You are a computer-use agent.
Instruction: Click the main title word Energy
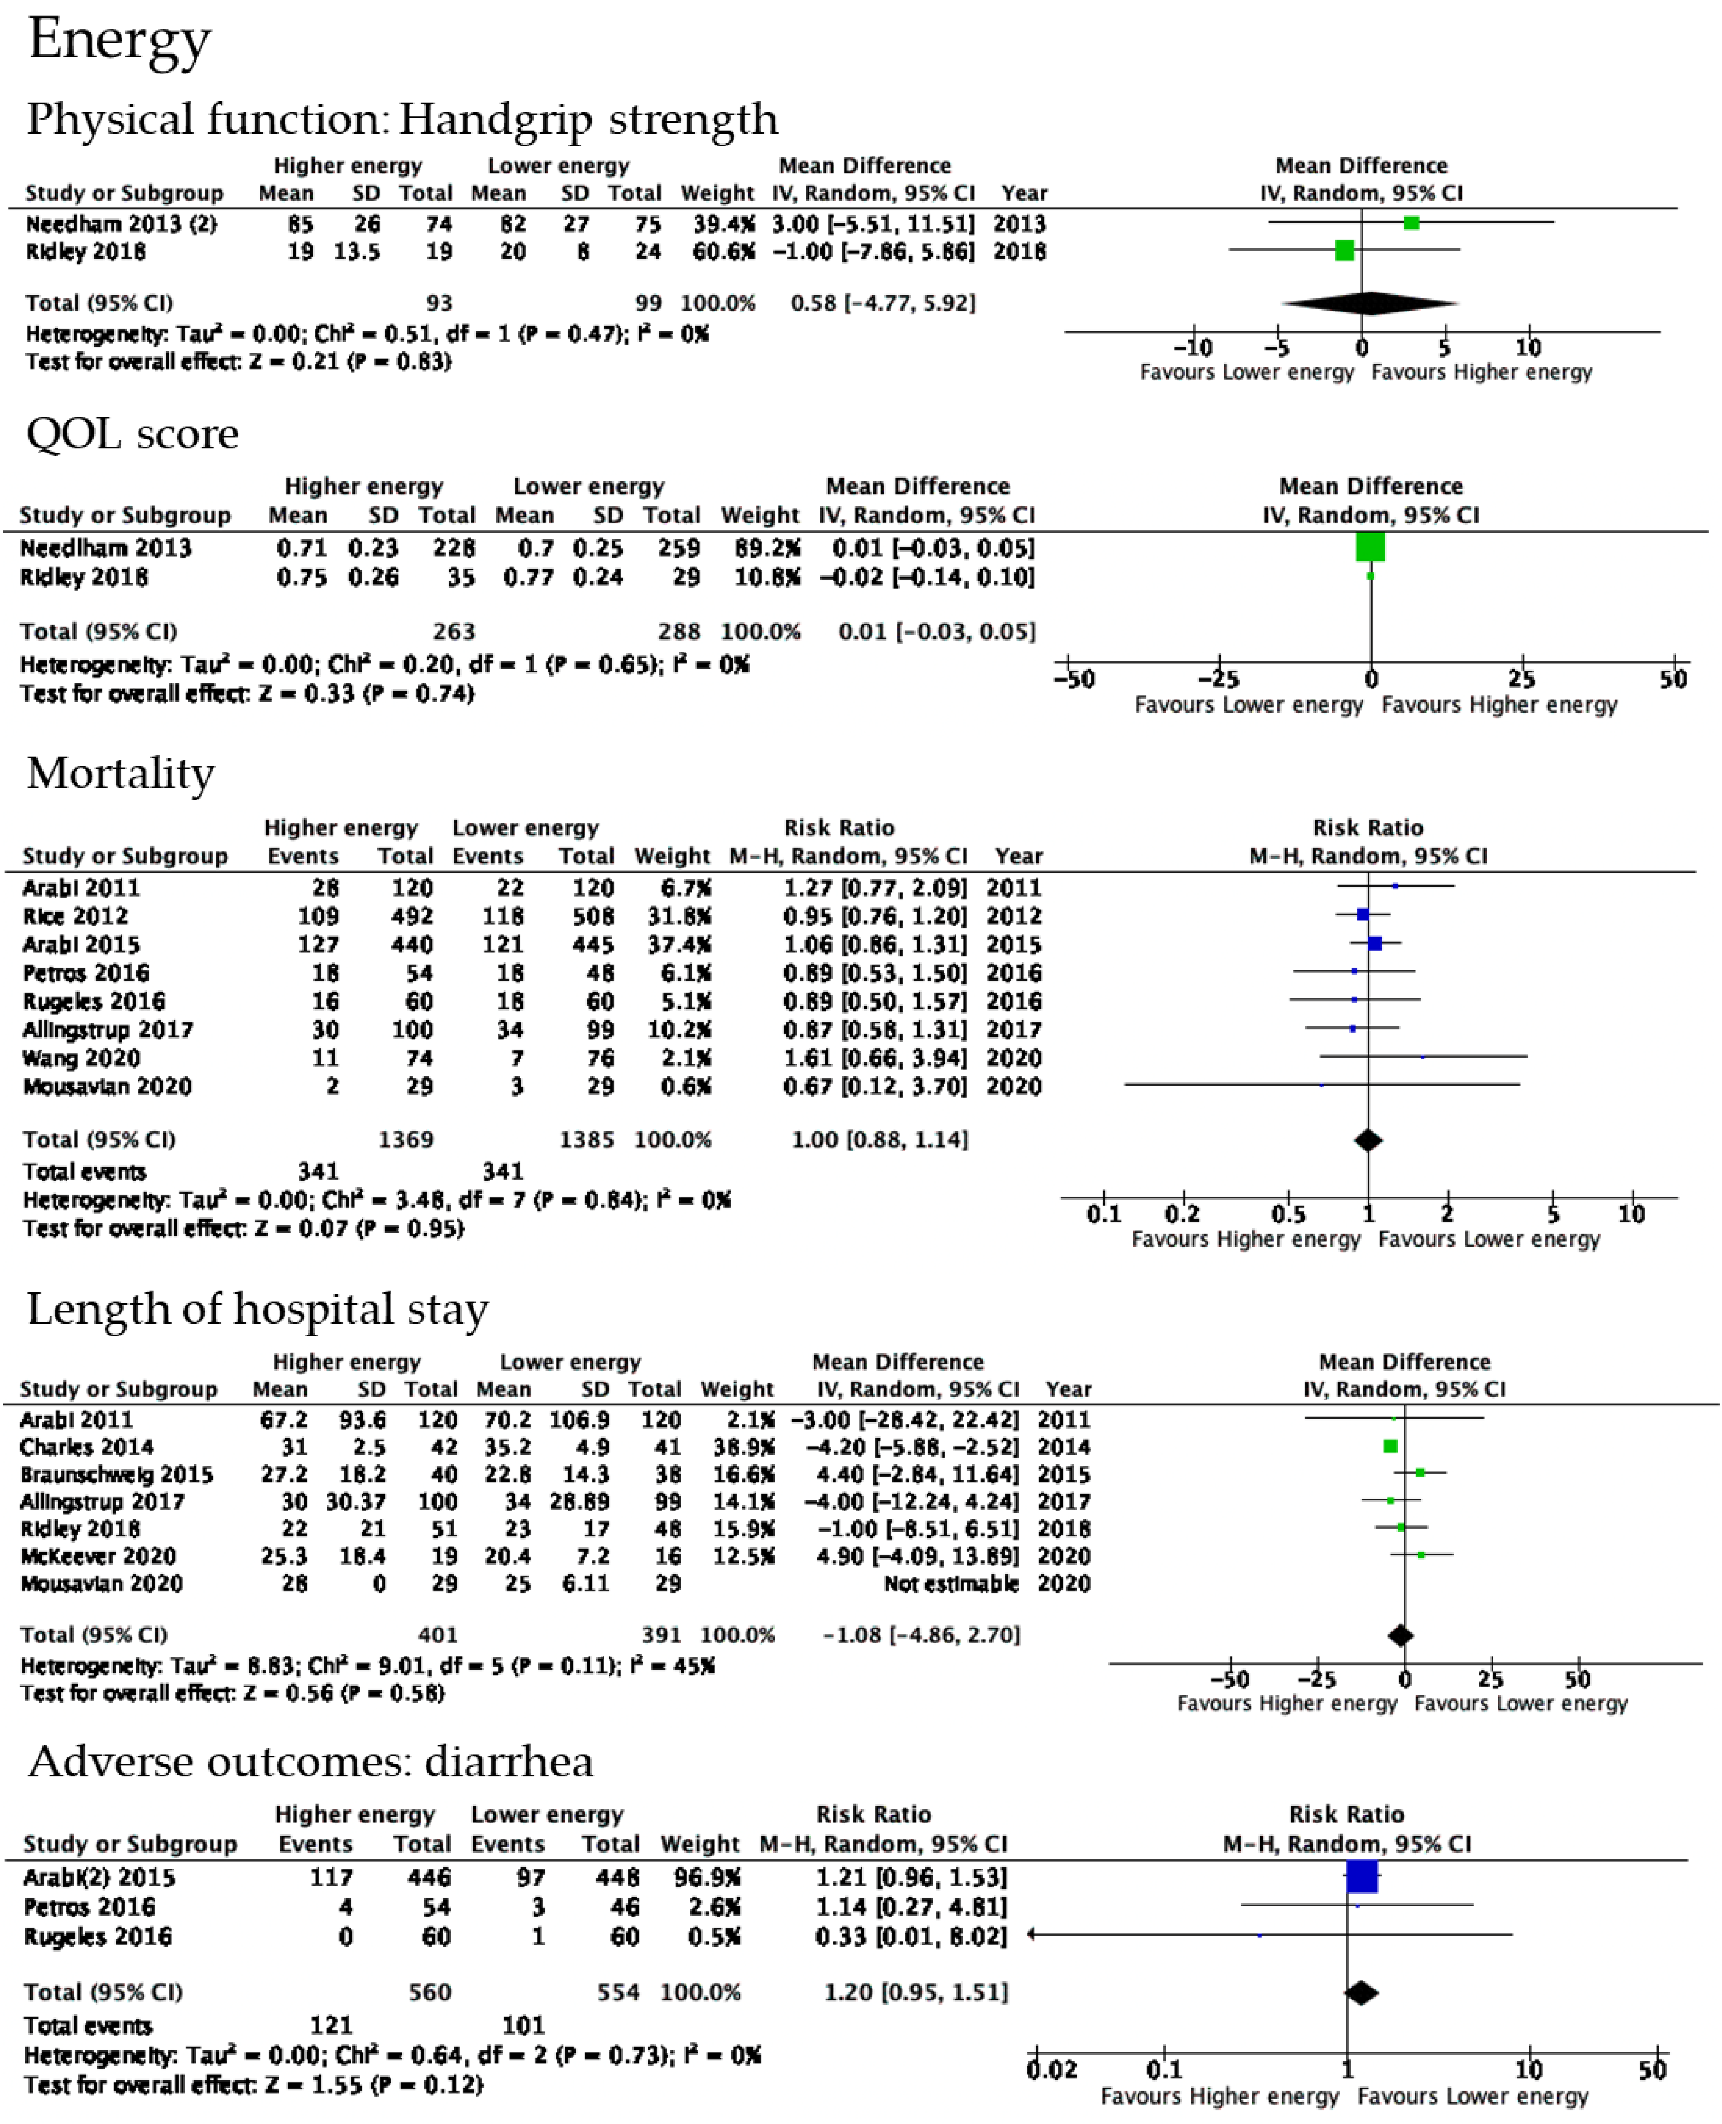tap(119, 40)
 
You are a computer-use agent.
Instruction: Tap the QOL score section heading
tap(132, 434)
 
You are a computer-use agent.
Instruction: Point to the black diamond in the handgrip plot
tap(1369, 302)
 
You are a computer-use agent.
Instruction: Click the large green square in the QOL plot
tap(1370, 547)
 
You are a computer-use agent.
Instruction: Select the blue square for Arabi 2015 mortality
tap(1375, 944)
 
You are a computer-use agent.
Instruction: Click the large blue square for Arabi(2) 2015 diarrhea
tap(1362, 1877)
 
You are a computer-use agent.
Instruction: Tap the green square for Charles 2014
tap(1391, 1447)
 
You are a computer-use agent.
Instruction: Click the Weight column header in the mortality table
tap(672, 856)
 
